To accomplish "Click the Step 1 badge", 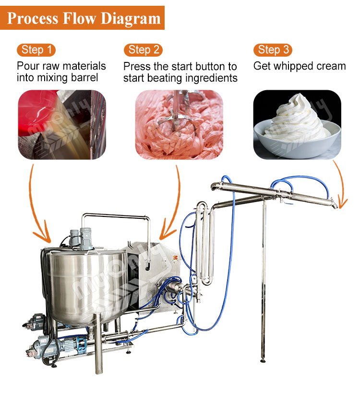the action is (x=36, y=50).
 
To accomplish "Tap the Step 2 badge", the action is (x=143, y=50).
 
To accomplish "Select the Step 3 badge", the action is (x=273, y=50).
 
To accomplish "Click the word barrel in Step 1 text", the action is (x=84, y=77).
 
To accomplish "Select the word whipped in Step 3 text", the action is (x=293, y=66).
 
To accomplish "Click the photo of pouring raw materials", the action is (x=62, y=125).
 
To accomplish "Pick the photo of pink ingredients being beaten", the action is (x=179, y=125).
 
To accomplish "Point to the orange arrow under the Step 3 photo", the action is (x=341, y=185).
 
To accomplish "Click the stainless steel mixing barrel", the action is (x=85, y=287).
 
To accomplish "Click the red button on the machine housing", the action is (x=175, y=257).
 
